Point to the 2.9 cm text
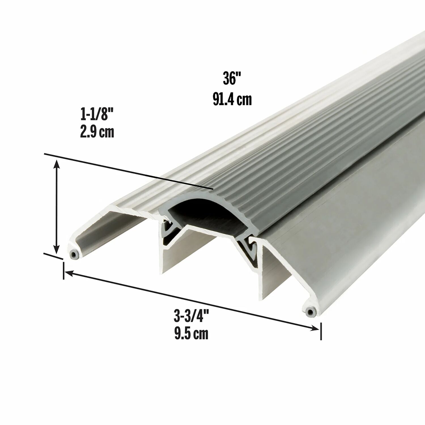97,132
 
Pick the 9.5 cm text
191,333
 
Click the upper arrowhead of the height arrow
57,164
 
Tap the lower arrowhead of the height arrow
57,250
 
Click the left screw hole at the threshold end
74,254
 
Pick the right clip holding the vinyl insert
250,249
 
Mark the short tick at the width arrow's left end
63,271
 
